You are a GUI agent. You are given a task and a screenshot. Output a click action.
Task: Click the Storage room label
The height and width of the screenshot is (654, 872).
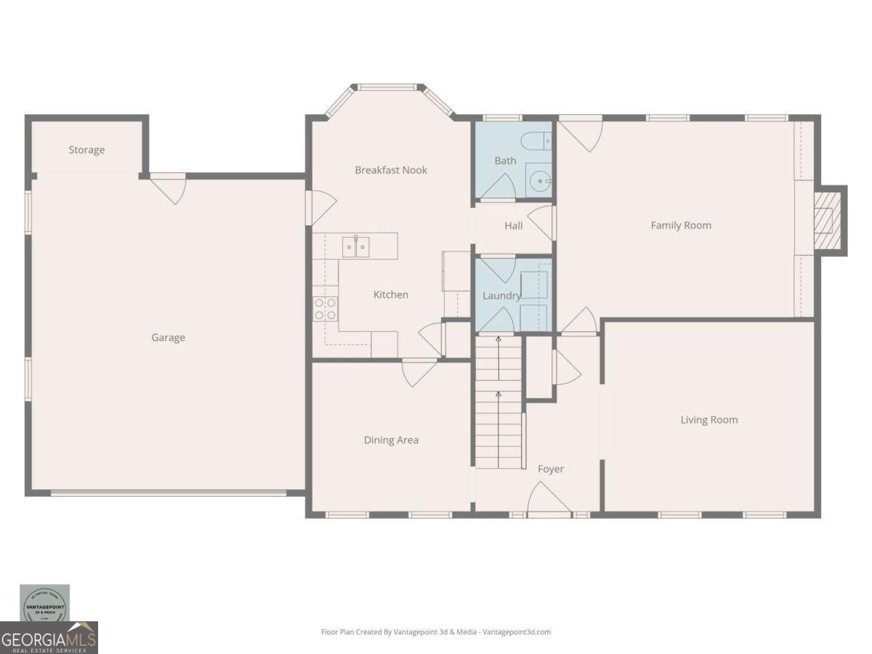pyautogui.click(x=86, y=150)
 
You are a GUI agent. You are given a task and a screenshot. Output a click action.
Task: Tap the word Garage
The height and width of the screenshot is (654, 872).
pyautogui.click(x=168, y=338)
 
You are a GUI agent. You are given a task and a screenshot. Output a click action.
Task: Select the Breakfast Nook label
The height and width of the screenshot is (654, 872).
pyautogui.click(x=391, y=170)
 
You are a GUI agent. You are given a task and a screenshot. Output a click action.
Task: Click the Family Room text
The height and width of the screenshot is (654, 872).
pyautogui.click(x=681, y=225)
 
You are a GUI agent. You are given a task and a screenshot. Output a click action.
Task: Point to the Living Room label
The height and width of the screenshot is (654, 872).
pyautogui.click(x=708, y=420)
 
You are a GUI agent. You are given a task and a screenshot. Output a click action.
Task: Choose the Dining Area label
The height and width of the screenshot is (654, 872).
pyautogui.click(x=391, y=440)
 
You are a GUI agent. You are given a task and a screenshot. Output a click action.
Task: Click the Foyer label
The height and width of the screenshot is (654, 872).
pyautogui.click(x=550, y=469)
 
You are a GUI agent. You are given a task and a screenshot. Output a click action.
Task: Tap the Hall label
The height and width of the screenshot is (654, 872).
pyautogui.click(x=513, y=226)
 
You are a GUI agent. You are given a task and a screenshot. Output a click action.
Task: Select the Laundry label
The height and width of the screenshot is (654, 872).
pyautogui.click(x=501, y=296)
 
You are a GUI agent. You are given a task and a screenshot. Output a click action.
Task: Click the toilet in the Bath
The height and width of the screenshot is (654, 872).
pyautogui.click(x=538, y=140)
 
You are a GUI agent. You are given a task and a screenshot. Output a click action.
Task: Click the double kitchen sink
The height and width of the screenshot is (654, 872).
pyautogui.click(x=355, y=247)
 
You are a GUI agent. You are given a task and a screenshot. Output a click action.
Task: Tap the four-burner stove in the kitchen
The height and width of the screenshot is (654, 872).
pyautogui.click(x=325, y=309)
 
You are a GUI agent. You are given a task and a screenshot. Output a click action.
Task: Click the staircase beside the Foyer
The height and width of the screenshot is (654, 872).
pyautogui.click(x=498, y=407)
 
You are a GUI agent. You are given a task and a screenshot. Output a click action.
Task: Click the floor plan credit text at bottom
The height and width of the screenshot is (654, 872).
pyautogui.click(x=436, y=632)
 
